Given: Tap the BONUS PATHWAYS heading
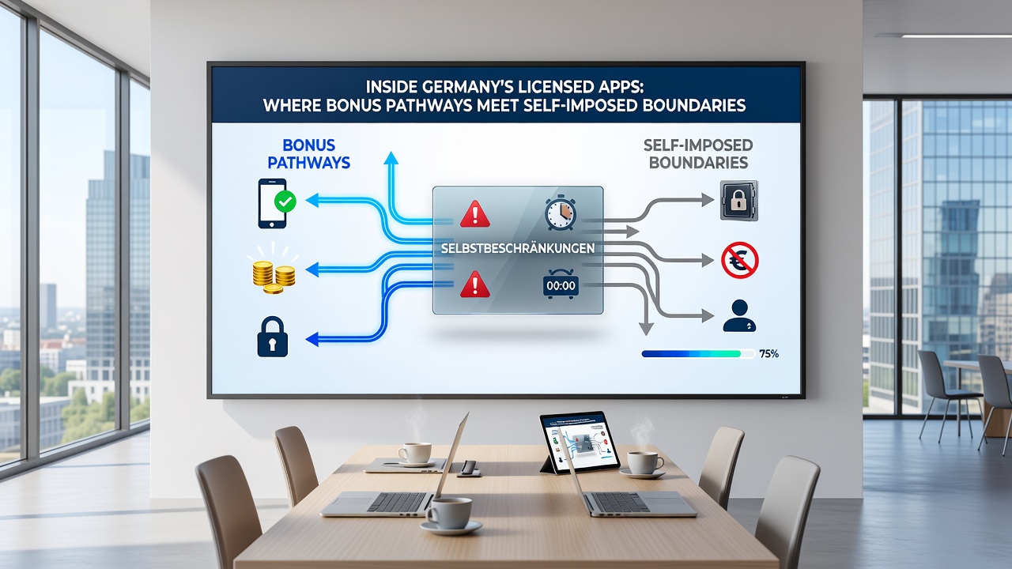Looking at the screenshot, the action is coord(309,153).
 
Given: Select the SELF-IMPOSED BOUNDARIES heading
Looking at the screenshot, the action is coord(698,153).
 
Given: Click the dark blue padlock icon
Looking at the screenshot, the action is coord(273,337).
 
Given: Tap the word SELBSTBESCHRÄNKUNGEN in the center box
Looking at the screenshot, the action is coord(518,248).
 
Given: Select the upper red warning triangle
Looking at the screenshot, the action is coord(475,213).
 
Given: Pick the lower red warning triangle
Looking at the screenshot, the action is coord(475,284).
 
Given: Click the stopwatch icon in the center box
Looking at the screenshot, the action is coord(561,213).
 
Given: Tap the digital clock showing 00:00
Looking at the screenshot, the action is coord(561,284).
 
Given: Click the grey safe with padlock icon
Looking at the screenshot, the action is coord(738,201).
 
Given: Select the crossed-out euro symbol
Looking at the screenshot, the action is coord(739,260).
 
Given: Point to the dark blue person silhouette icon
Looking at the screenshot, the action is coord(739,316).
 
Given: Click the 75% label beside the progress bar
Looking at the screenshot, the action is coord(768,353).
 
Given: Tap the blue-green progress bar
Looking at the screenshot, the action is coord(698,354).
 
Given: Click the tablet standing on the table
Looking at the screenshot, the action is coord(580,443).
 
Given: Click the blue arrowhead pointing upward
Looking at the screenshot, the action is coord(391,158).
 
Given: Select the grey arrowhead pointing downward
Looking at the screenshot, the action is coord(646,329).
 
